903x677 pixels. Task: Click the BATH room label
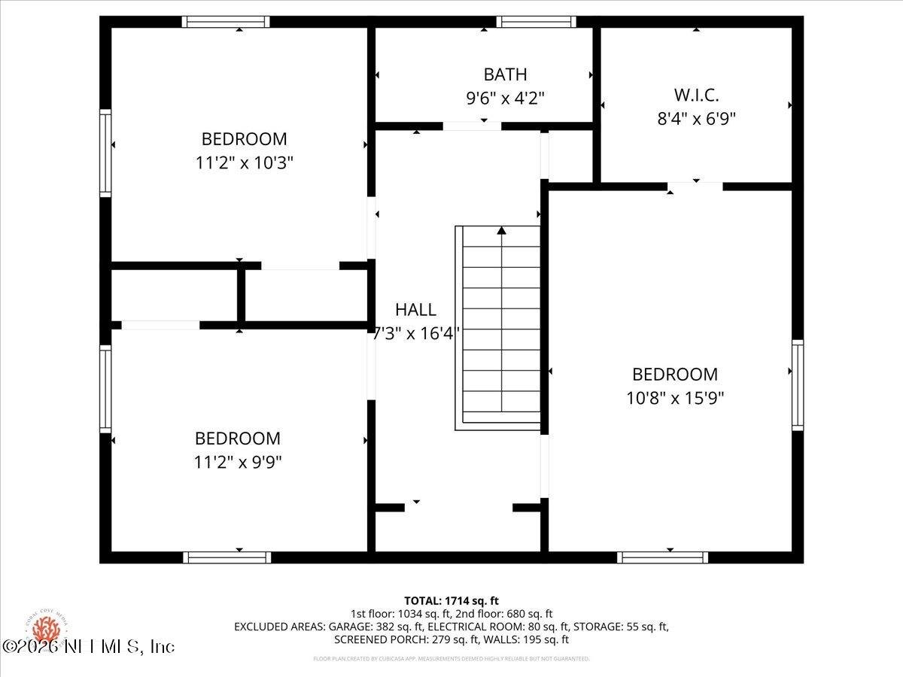(x=505, y=74)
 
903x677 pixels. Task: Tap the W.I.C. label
(x=696, y=96)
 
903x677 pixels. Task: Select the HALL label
(x=415, y=309)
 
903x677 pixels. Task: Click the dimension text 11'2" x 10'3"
(x=244, y=162)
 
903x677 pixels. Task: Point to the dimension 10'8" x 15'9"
(x=675, y=398)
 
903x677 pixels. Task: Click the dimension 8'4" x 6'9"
(x=696, y=118)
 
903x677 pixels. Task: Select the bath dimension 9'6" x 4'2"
(x=505, y=97)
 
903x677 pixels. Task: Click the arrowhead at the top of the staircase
(x=501, y=230)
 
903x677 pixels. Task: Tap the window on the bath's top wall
(x=536, y=22)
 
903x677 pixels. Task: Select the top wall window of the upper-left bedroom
(x=226, y=22)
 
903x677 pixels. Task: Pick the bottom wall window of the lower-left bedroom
(x=227, y=557)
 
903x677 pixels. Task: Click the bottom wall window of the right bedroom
(x=662, y=557)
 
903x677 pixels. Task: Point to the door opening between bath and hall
(x=472, y=126)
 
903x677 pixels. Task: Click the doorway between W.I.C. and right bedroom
(x=695, y=186)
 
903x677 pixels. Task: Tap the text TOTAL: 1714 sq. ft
(x=451, y=600)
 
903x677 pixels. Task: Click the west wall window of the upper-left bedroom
(x=105, y=153)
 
